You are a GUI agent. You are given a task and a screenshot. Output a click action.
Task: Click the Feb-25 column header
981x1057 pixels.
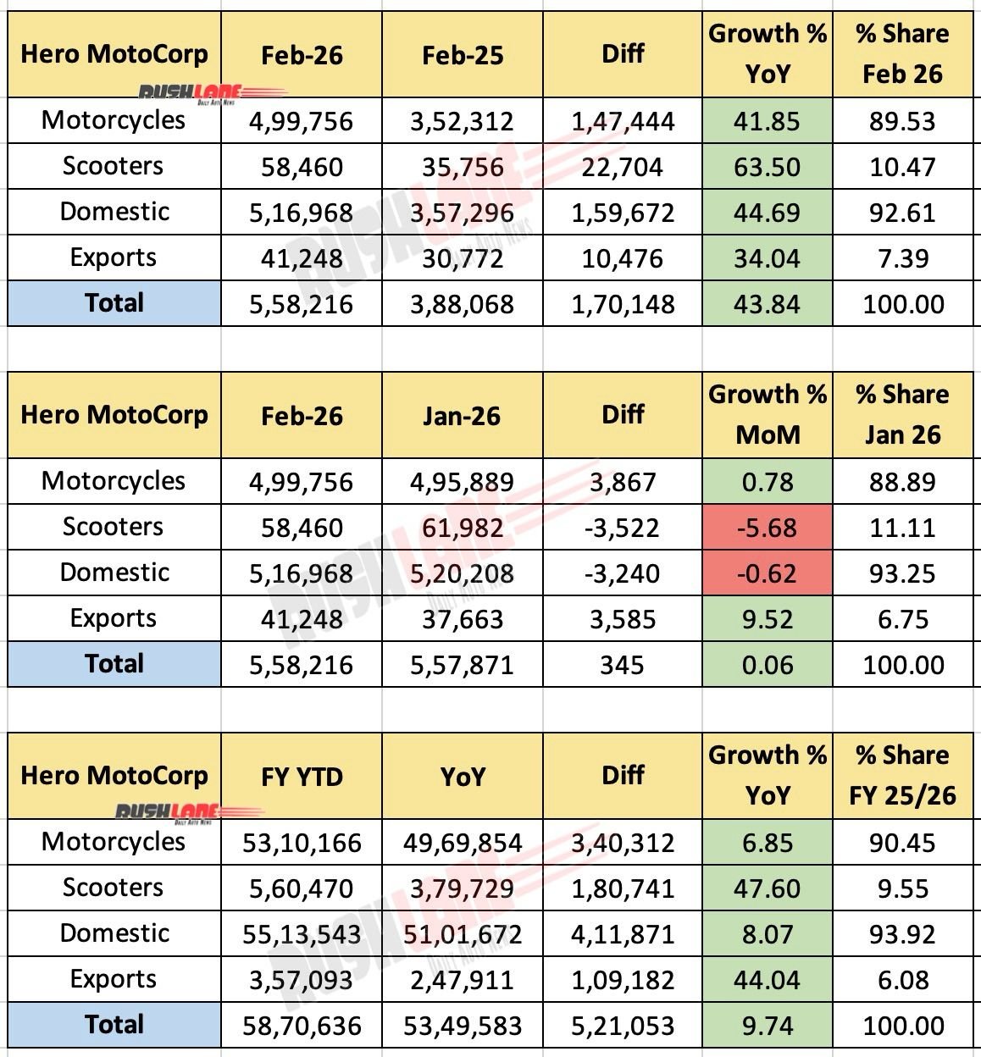pos(462,55)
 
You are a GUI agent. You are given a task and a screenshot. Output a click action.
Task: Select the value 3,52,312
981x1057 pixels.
pos(462,121)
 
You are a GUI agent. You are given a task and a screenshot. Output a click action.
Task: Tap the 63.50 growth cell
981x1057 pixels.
pos(767,167)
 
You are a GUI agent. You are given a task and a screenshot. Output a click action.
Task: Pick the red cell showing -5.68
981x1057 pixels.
pos(767,528)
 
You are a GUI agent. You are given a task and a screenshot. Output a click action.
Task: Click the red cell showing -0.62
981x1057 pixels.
pos(767,573)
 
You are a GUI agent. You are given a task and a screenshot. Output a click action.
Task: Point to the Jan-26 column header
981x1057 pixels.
pos(462,416)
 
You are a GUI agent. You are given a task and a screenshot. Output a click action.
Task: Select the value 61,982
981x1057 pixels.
pos(462,528)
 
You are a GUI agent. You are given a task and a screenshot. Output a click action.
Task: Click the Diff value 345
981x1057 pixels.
pos(623,665)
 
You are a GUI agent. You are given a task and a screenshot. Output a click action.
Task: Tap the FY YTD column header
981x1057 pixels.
pos(302,777)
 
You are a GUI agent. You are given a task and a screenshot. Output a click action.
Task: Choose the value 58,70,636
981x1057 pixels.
pos(302,1026)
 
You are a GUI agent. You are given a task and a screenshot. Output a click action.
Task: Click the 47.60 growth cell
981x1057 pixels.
pos(767,888)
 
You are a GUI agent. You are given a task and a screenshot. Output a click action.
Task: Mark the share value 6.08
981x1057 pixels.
pos(903,980)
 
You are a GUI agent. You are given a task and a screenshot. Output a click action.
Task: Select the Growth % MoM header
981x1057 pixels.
pos(767,415)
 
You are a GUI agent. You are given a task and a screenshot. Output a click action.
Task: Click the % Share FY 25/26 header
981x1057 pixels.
pos(903,775)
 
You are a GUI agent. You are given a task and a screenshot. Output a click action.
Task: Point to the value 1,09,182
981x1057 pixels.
pos(623,980)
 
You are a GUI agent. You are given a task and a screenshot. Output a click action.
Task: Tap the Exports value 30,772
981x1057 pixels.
pos(462,258)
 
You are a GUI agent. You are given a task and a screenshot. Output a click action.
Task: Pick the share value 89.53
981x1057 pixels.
pos(903,121)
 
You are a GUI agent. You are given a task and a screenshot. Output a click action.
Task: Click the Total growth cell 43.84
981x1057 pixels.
pos(767,304)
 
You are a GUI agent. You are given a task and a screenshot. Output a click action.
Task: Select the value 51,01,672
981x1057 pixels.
pos(462,934)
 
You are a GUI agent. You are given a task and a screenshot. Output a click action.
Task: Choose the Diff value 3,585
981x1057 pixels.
pos(623,619)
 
